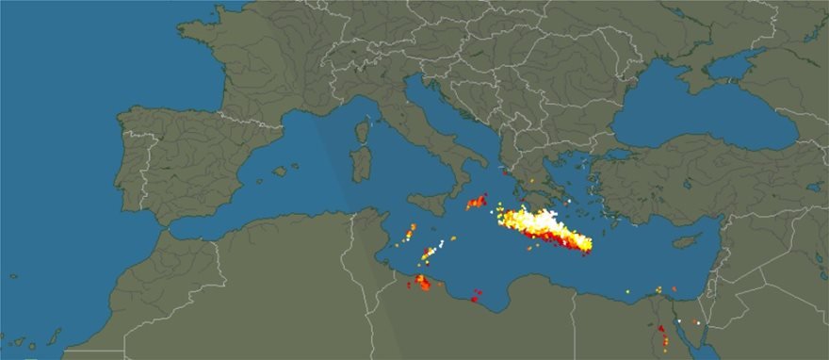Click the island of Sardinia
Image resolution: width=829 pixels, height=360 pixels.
tap(358, 166)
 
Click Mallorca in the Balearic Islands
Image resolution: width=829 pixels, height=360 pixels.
tap(281, 172)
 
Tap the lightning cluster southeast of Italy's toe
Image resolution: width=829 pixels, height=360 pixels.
tap(477, 203)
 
